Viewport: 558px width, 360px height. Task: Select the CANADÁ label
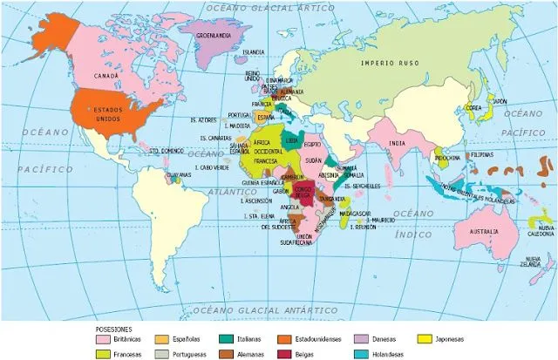click(105, 76)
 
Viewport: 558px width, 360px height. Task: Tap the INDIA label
click(397, 144)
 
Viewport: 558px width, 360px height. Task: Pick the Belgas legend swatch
click(283, 354)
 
